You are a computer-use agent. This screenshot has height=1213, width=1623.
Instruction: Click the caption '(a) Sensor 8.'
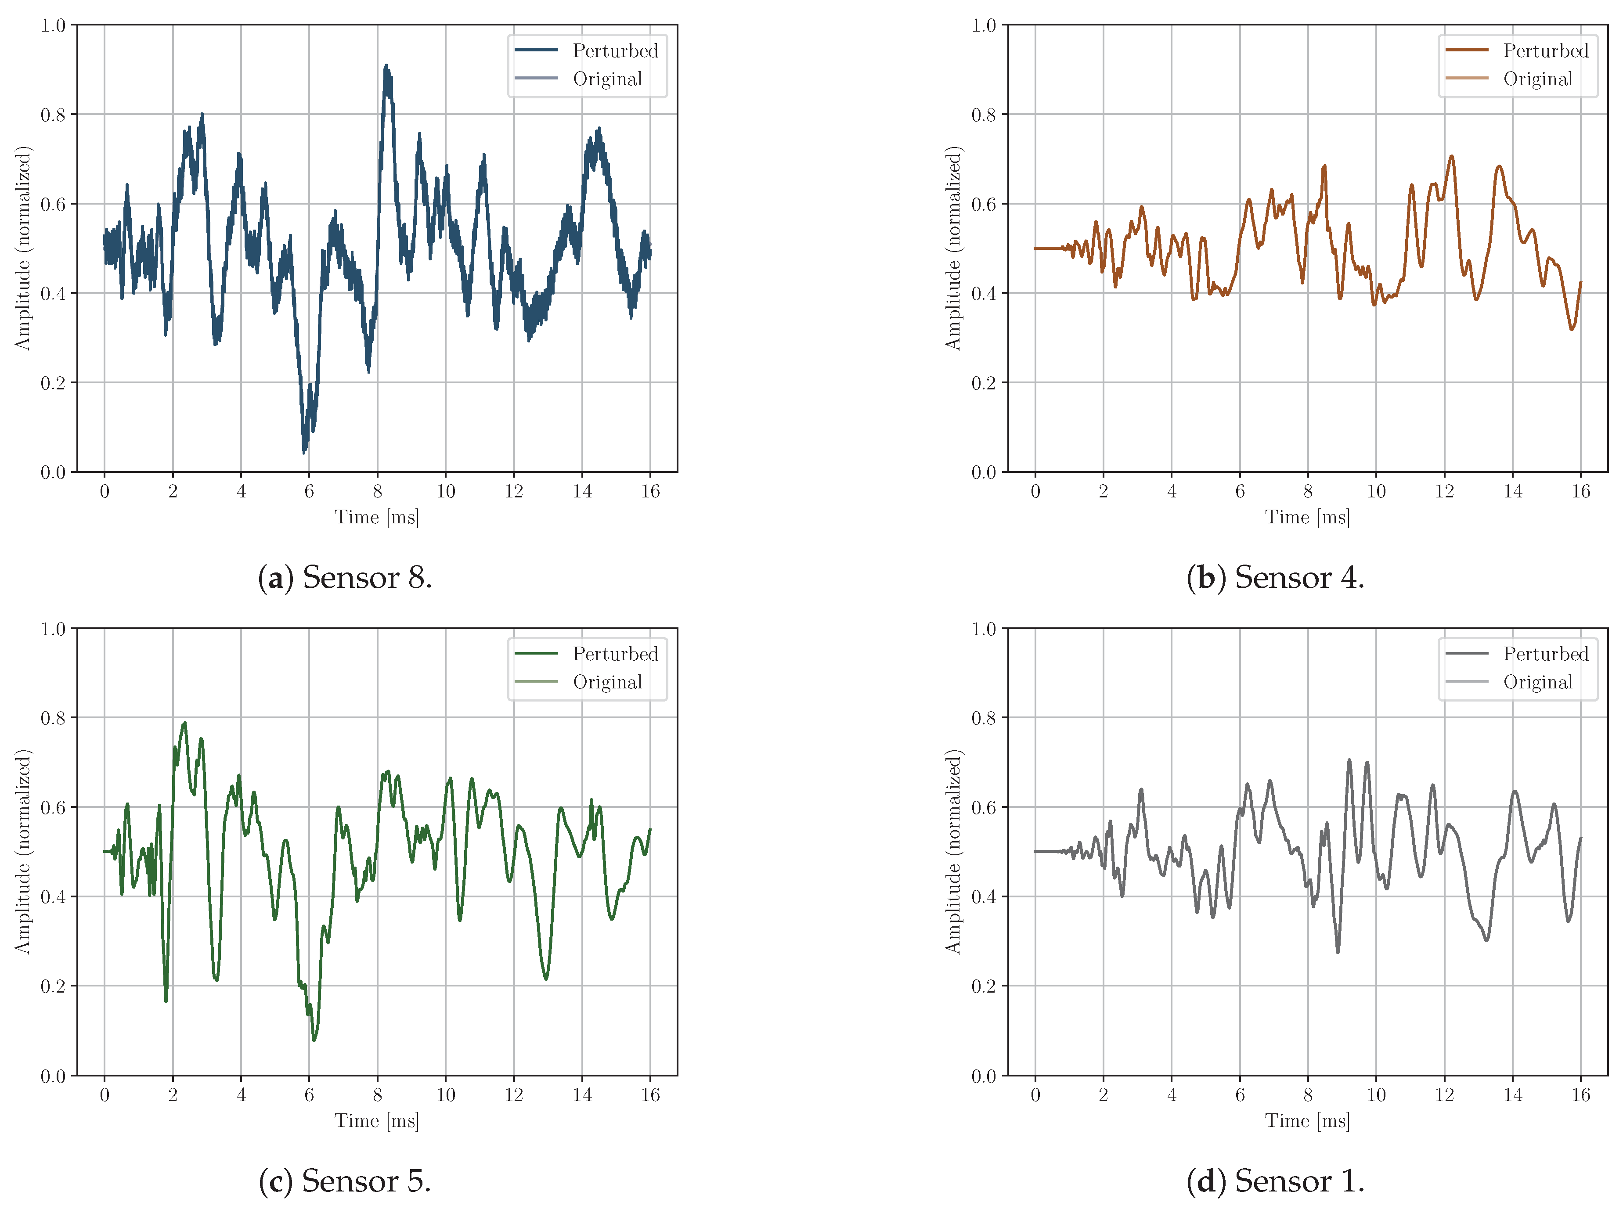[345, 578]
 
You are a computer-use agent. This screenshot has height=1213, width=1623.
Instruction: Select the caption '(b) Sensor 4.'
[1275, 578]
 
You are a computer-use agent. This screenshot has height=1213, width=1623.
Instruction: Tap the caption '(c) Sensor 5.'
[345, 1181]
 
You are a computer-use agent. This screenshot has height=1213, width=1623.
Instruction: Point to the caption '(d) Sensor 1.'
[1275, 1181]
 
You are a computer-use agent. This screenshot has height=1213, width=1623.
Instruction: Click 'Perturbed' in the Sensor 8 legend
[615, 50]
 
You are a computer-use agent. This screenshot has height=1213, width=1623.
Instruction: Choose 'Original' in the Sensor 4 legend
[1537, 79]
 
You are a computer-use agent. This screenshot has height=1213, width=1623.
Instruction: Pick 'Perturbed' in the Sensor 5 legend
[615, 653]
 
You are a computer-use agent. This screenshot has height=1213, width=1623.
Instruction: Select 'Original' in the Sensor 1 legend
[1537, 682]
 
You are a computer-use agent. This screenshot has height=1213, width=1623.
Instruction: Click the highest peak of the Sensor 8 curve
[386, 66]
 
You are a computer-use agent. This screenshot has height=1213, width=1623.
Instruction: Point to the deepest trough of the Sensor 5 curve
[314, 1040]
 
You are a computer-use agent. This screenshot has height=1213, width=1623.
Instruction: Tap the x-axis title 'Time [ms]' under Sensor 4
[1307, 517]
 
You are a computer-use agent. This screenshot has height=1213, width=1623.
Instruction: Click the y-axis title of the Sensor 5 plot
[23, 851]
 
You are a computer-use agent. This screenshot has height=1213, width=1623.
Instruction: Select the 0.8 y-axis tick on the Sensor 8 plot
[53, 115]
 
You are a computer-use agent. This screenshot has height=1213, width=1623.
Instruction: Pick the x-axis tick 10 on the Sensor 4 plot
[1376, 491]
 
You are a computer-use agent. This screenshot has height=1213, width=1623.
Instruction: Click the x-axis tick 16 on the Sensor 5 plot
[650, 1095]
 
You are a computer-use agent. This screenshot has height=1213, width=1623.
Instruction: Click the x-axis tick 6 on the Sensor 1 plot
[1239, 1095]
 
